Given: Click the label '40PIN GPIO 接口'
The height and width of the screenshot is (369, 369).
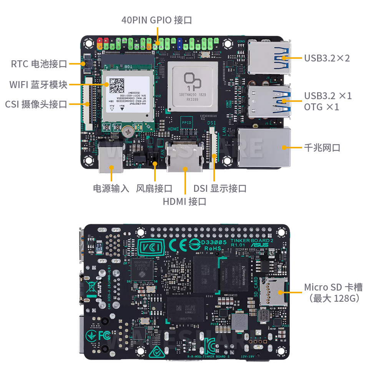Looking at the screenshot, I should pyautogui.click(x=156, y=20).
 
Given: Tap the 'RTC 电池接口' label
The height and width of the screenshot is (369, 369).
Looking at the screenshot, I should pyautogui.click(x=39, y=64).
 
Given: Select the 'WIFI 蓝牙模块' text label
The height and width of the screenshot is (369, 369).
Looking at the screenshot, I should pyautogui.click(x=38, y=84).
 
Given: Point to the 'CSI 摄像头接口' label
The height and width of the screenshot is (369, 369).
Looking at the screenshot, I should pyautogui.click(x=36, y=104).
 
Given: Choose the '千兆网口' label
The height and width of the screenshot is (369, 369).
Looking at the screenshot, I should pyautogui.click(x=322, y=148).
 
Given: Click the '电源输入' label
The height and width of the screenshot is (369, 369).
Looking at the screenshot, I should pyautogui.click(x=111, y=188).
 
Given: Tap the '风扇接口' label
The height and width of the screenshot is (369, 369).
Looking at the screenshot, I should pyautogui.click(x=154, y=188).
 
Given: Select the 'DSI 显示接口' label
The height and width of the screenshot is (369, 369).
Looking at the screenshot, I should pyautogui.click(x=220, y=188).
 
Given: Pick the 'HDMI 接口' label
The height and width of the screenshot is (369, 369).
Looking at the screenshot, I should pyautogui.click(x=184, y=201).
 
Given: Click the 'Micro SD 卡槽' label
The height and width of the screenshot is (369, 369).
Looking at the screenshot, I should pyautogui.click(x=333, y=287).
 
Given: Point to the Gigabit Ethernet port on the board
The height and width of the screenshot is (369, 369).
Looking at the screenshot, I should pyautogui.click(x=264, y=148).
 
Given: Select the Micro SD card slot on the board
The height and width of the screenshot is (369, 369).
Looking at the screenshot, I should pyautogui.click(x=273, y=291).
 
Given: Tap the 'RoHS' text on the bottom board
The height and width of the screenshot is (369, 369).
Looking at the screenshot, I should pyautogui.click(x=213, y=249).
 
